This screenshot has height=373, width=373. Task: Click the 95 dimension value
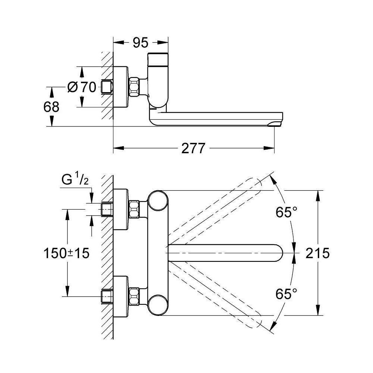[x=141, y=43]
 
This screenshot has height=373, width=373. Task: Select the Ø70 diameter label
[x=82, y=87]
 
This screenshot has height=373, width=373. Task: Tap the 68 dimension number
[x=51, y=107]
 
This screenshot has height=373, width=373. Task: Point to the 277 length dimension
[x=193, y=149]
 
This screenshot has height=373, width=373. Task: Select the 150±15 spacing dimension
[x=66, y=254]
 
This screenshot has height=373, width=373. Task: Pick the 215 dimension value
[x=317, y=253]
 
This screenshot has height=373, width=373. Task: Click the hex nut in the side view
[x=134, y=87]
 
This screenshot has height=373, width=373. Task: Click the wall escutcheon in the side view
[x=121, y=87]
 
